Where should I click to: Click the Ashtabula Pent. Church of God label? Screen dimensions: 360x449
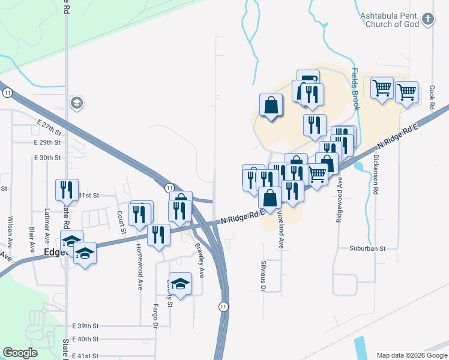pos(391,19)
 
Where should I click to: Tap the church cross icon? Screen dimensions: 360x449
pos(427,20)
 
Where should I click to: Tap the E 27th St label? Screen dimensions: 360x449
pos(49,130)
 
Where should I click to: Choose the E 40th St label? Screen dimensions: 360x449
pos(85,340)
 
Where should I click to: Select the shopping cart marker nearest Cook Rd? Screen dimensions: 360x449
pos(406,92)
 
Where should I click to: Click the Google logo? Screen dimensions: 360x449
pos(20,353)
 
